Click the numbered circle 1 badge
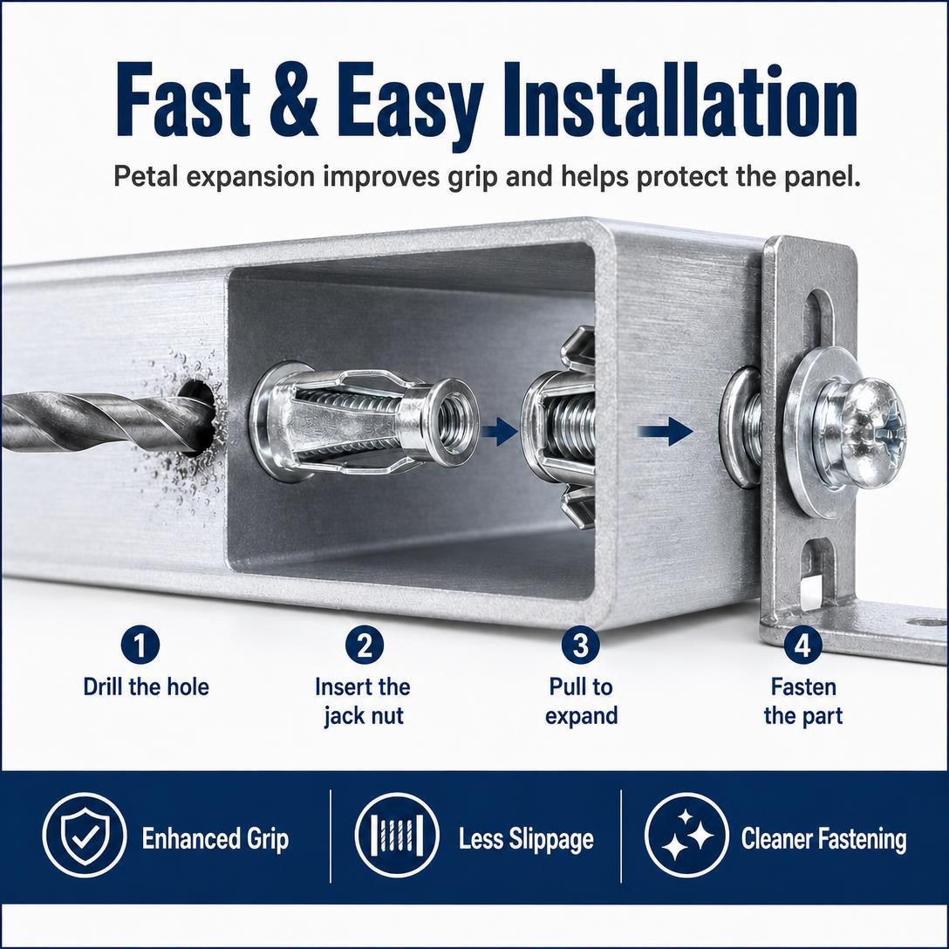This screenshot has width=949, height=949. pos(140,645)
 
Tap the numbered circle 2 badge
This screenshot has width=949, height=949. pos(365,645)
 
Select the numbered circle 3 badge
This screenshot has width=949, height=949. pos(580,645)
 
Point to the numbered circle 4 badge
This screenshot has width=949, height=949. pos(802,645)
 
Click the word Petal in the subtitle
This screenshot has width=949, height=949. pos(149,176)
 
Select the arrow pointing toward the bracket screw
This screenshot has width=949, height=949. pos(666,431)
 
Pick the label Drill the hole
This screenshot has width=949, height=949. pos(146,687)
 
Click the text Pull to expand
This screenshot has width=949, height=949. pos(581,701)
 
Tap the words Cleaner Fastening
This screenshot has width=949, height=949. pos(823,839)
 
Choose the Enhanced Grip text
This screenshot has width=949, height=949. pos(215,839)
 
